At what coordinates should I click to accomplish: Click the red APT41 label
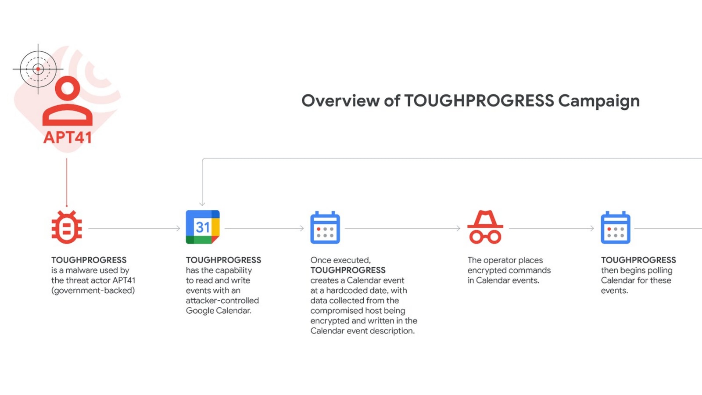point(68,137)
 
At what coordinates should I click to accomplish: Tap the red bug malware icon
point(67,227)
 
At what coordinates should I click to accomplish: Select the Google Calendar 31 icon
point(203,227)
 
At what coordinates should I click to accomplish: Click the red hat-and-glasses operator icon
point(485,227)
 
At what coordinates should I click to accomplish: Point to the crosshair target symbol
point(38,69)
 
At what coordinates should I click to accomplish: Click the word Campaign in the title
point(599,101)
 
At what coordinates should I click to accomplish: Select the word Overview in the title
point(340,101)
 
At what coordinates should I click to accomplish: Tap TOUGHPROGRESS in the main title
point(479,101)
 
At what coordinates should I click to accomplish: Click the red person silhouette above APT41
point(68,101)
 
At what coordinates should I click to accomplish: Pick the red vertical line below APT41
point(67,182)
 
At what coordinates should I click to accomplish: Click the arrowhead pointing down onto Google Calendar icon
point(202,204)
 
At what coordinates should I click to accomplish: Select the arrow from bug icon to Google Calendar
point(134,229)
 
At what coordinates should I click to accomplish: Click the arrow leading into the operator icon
point(402,229)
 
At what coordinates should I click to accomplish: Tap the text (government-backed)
point(93,291)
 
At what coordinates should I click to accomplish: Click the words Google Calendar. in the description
point(218,311)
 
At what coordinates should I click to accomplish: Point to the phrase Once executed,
point(340,260)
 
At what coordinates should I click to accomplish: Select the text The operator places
point(505,260)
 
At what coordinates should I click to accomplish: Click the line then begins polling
point(637,270)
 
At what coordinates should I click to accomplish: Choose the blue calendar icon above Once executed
point(325,228)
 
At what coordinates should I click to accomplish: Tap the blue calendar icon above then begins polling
point(616,228)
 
